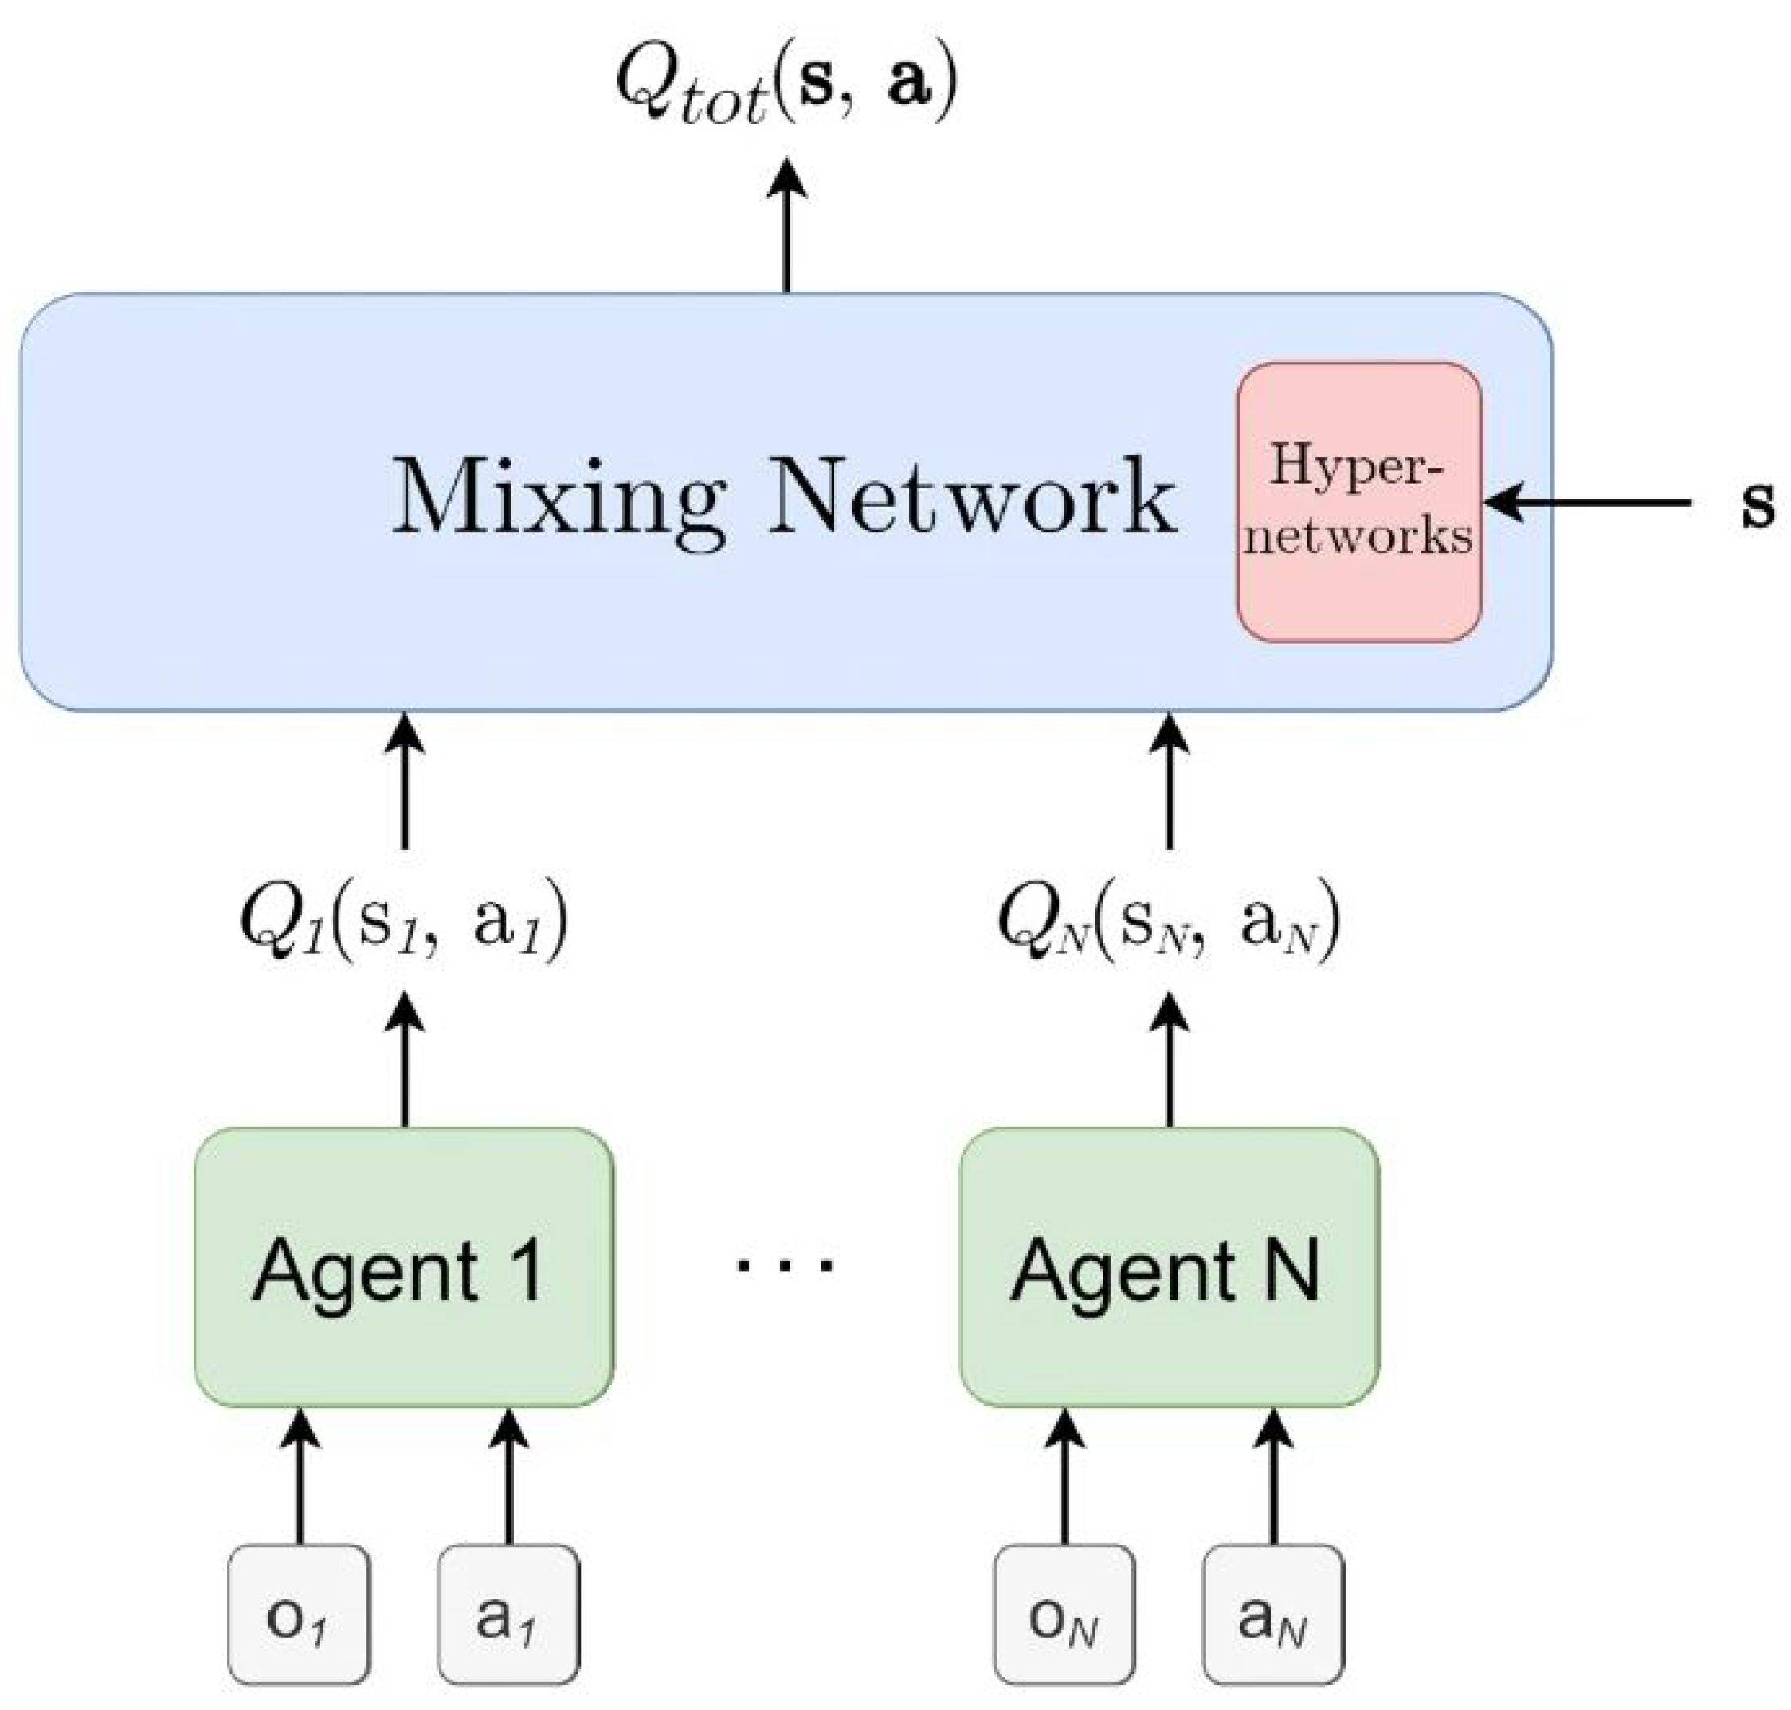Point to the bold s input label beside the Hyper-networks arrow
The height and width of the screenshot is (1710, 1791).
pyautogui.click(x=1757, y=503)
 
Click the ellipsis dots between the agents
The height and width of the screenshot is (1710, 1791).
pyautogui.click(x=785, y=1265)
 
